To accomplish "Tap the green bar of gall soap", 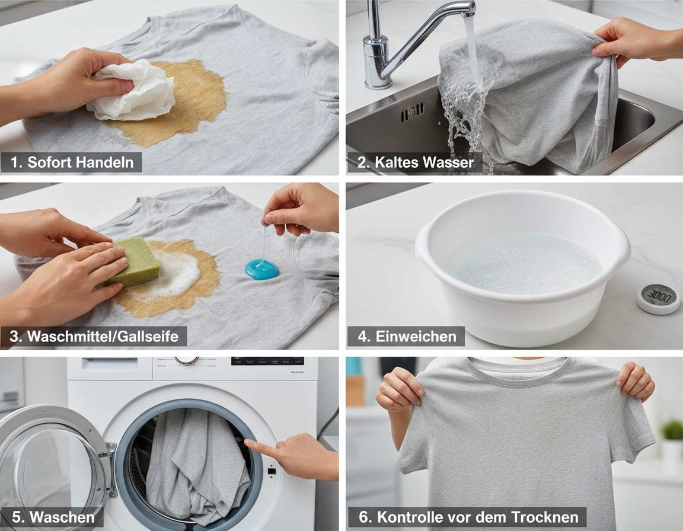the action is tap(133, 263).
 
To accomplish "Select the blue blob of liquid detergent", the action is tap(261, 268).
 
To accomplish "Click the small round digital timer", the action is tap(658, 299).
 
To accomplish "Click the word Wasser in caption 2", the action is tap(448, 162).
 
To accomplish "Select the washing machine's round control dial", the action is tap(186, 360).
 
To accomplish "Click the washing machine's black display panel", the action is tap(267, 362).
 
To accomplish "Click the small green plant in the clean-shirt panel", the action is tap(672, 430).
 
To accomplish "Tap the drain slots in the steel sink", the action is tap(411, 112).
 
